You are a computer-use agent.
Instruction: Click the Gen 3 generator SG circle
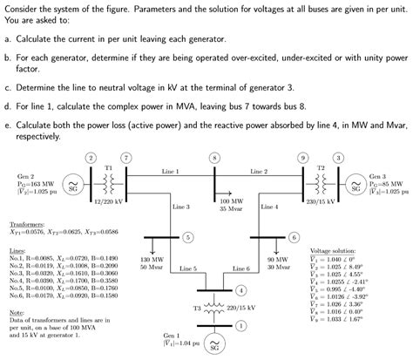click(x=355, y=187)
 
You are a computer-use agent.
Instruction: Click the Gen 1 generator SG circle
click(x=214, y=347)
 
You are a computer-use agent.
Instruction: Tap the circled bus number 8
click(x=214, y=158)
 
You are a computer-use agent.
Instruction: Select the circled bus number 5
click(x=188, y=237)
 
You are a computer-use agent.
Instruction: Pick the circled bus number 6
click(x=294, y=237)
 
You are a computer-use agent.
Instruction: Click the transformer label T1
click(x=108, y=166)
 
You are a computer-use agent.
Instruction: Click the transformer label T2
click(x=321, y=166)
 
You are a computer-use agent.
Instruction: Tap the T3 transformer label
click(x=196, y=309)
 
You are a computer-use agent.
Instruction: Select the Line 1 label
click(x=171, y=172)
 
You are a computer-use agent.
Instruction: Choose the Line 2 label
click(x=259, y=172)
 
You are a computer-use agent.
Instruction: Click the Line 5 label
click(x=188, y=269)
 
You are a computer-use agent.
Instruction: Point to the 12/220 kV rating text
click(x=107, y=202)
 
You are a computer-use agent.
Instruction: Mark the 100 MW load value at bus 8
click(x=231, y=201)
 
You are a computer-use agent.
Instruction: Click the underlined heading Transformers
click(x=26, y=224)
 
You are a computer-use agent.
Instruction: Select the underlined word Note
click(x=15, y=312)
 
